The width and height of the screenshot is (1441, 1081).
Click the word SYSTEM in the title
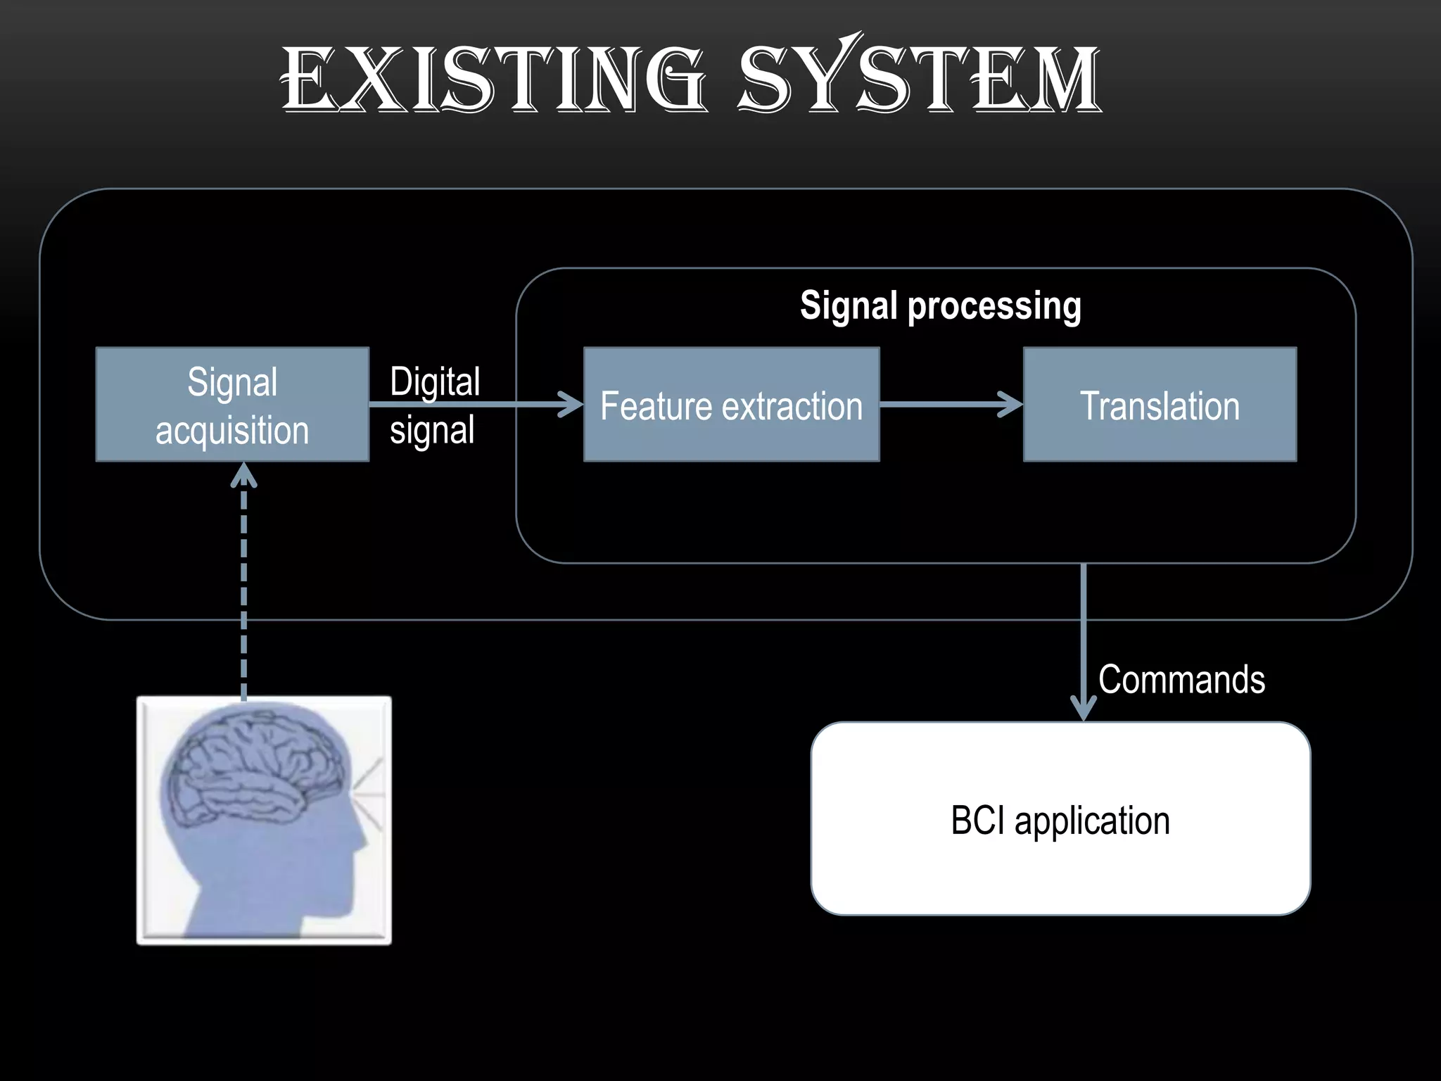[x=918, y=77]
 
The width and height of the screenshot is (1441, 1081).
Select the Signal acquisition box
[x=232, y=405]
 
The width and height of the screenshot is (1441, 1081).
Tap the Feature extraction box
[x=732, y=405]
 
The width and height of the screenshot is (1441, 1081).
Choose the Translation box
[x=1160, y=405]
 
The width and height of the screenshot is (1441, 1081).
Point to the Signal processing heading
[x=940, y=306]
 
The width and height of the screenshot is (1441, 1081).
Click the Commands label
[x=1181, y=680]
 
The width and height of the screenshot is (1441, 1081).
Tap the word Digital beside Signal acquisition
[x=435, y=382]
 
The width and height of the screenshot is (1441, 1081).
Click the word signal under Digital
[x=432, y=431]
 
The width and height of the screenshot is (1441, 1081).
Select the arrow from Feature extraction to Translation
[x=950, y=405]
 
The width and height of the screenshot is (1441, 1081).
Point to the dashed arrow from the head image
[x=244, y=591]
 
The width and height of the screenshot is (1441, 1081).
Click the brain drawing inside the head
[x=253, y=767]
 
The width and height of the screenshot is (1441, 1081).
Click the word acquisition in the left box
[x=232, y=431]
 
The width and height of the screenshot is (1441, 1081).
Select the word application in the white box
[x=1092, y=822]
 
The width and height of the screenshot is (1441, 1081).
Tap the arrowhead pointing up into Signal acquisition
[x=244, y=474]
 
